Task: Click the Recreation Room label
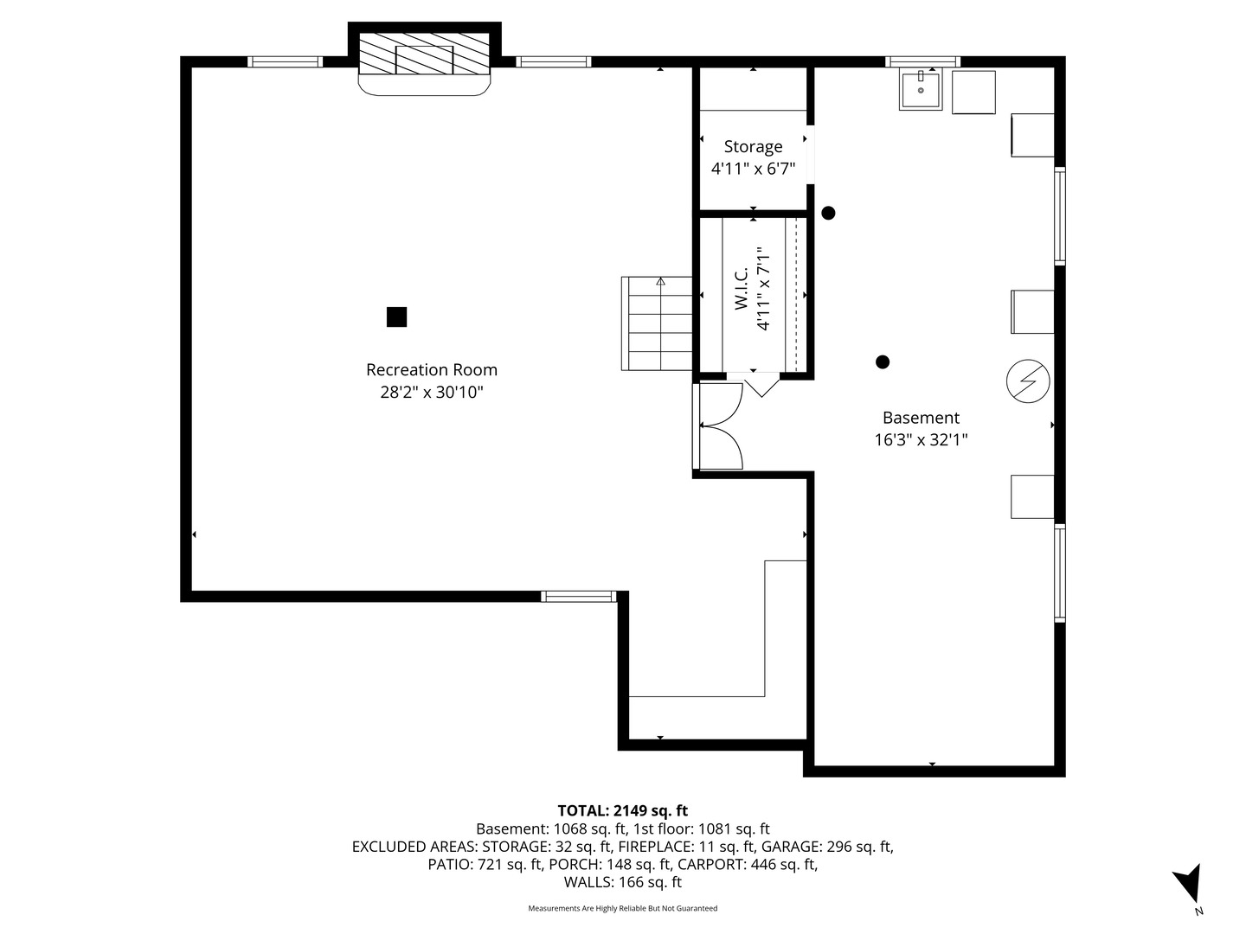431,370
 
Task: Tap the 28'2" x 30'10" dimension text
431,393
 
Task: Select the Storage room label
753,147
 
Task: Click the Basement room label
921,418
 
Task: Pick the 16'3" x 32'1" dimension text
921,440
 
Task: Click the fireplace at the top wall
424,59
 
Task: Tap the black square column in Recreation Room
396,317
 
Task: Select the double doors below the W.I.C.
721,426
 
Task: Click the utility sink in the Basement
921,90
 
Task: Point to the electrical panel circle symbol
1028,381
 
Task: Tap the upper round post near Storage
828,213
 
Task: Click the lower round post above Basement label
883,362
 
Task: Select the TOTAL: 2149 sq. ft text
622,811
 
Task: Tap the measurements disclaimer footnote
622,909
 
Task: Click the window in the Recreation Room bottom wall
578,596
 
